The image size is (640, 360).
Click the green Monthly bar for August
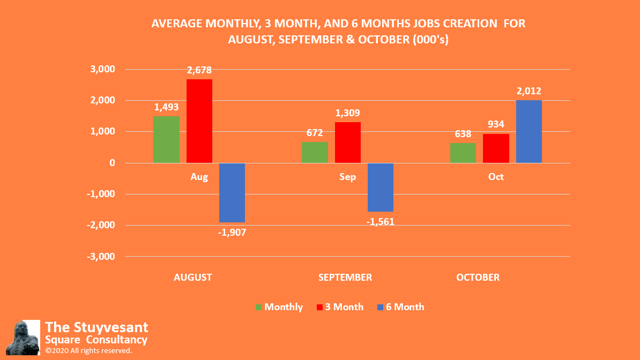point(166,139)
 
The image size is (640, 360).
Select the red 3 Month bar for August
point(199,121)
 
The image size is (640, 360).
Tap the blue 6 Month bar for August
point(232,192)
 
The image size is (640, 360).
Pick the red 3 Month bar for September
point(348,142)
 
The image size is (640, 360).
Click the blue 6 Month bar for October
point(529,131)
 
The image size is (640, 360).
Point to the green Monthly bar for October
point(463,153)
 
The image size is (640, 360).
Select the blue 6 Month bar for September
point(381,187)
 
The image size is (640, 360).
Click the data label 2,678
point(199,70)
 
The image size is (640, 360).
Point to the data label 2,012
point(529,91)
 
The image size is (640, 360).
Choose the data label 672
point(315,133)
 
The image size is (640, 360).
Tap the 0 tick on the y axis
point(111,163)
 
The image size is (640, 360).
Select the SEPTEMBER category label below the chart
point(345,277)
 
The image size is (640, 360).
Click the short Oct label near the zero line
point(496,177)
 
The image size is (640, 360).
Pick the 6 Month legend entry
point(400,307)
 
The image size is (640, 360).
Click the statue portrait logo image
point(26,337)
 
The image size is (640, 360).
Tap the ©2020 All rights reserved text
point(88,350)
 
